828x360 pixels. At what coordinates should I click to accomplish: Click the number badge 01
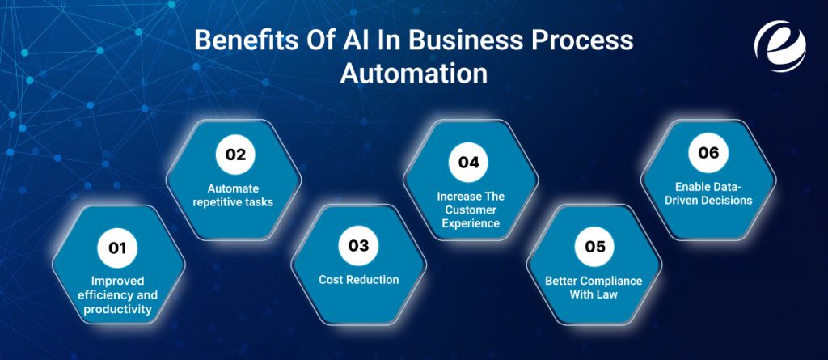coord(118,248)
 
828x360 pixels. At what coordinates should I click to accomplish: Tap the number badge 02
coord(235,156)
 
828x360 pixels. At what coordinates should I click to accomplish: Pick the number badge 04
coord(469,162)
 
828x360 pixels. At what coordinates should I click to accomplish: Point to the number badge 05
coord(594,247)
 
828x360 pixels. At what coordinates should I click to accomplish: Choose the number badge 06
coord(708,153)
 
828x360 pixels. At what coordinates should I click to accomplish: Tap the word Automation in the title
coord(413,73)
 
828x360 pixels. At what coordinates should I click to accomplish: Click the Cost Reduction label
coord(358,280)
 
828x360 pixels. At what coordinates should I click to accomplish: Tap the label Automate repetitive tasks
coord(233,195)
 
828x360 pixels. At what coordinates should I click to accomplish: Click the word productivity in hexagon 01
coord(119,309)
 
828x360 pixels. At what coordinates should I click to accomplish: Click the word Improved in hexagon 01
coord(119,282)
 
